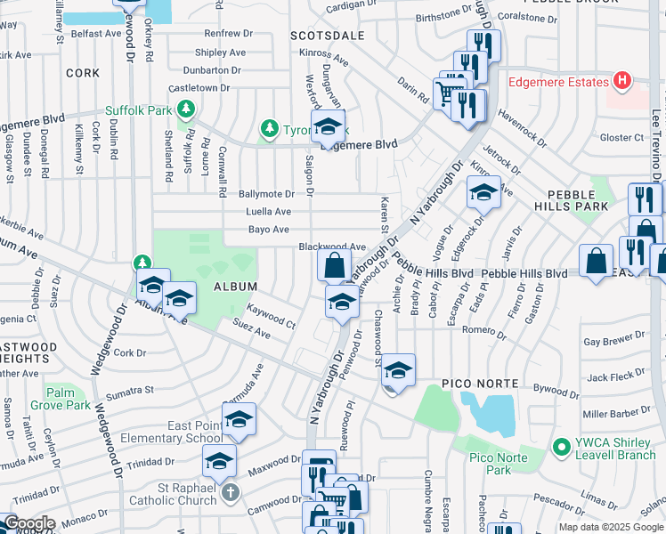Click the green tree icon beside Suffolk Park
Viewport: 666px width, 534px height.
point(185,109)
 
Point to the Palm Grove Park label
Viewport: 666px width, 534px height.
point(61,398)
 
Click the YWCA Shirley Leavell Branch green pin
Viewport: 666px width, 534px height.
point(560,446)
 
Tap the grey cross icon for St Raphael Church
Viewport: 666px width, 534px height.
point(231,492)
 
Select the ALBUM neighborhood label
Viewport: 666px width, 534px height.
point(235,287)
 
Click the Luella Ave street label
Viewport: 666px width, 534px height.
point(269,212)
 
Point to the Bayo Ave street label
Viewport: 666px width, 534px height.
point(269,230)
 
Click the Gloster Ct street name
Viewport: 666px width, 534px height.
point(621,137)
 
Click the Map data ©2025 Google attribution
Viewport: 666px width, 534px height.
point(609,527)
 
